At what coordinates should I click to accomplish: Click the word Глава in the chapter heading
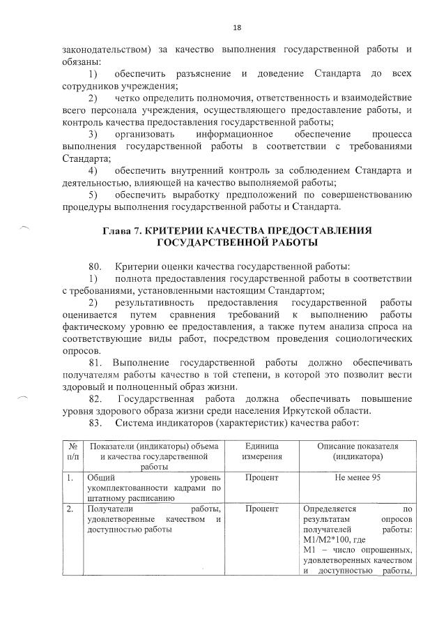118,230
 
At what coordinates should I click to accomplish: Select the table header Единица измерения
262,451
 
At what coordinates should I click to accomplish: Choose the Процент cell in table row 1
262,478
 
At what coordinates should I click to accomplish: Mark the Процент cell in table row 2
262,509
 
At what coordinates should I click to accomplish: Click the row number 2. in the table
70,509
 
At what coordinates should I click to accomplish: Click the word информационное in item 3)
229,134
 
